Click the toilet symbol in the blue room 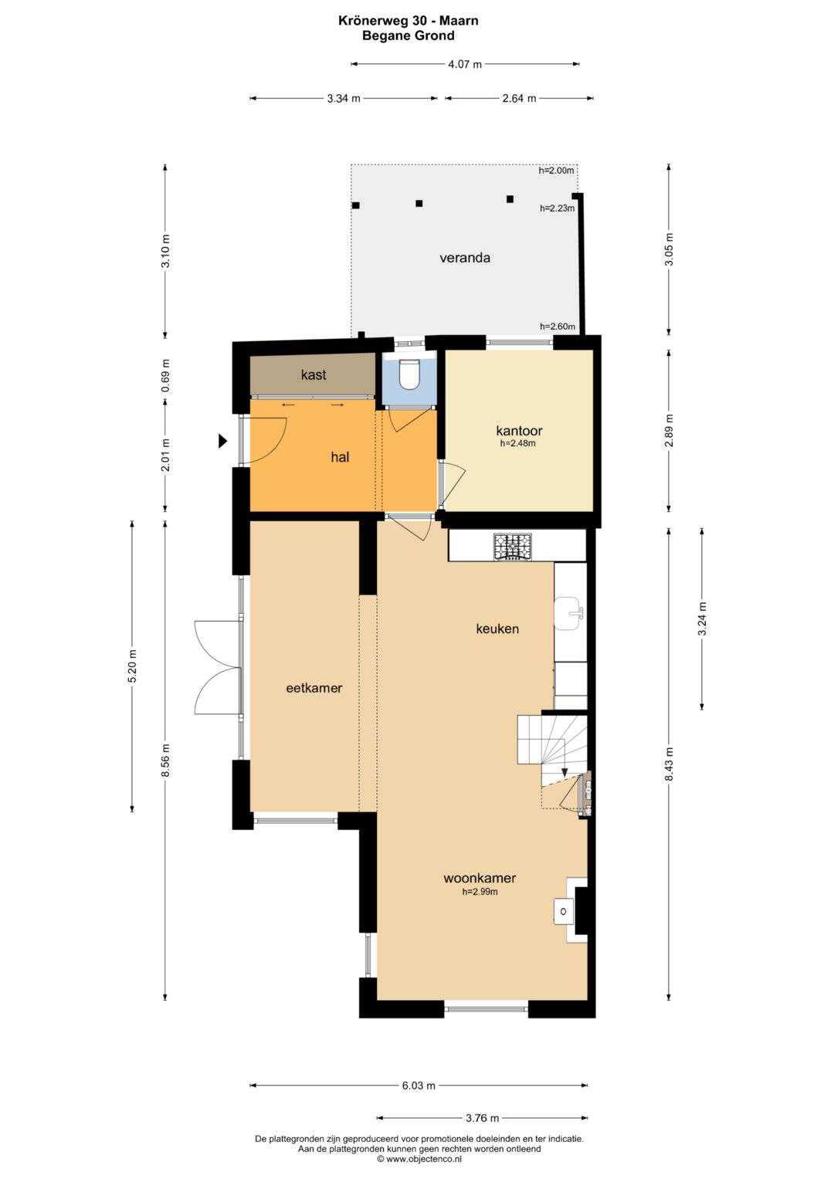(409, 373)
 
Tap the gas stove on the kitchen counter (513, 547)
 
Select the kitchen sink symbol (569, 612)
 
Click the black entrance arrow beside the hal (223, 441)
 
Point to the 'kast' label (314, 374)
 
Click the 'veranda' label (465, 258)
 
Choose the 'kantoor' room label (519, 431)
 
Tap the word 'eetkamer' (314, 687)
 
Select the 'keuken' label (497, 628)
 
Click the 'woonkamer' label (479, 877)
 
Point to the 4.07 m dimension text (464, 65)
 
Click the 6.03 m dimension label (419, 1086)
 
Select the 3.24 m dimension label (702, 618)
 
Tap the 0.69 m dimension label (166, 375)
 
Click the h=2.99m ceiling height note (480, 892)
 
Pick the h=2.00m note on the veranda (556, 171)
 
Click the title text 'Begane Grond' (408, 36)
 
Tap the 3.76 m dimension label (483, 1118)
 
